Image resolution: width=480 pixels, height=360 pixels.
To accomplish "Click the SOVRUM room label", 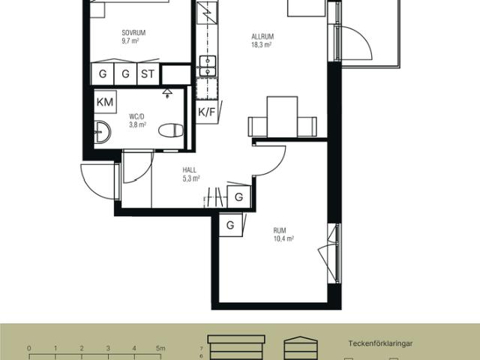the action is point(133,33).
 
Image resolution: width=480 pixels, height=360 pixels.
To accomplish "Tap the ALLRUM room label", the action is point(262,37).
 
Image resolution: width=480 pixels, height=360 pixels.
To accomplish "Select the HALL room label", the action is point(190,170).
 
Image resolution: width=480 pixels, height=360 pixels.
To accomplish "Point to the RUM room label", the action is point(280,230).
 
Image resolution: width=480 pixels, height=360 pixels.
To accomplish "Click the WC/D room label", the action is point(136,117).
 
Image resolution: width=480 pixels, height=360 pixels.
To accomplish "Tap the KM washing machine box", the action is point(105,102).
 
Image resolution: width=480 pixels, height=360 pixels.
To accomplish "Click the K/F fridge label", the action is point(207,112).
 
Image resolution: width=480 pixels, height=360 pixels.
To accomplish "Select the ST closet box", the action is point(148,73).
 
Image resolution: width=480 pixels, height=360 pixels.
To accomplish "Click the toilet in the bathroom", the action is point(171,130).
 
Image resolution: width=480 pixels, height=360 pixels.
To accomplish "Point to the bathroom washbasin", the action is point(102,132).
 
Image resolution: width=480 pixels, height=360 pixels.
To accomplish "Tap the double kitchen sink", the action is point(208,66).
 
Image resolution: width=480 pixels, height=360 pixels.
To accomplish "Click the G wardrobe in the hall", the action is point(238,196).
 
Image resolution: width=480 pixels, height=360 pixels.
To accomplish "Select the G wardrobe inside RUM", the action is point(230,225).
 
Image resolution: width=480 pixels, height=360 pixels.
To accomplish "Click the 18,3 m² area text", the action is point(262,45).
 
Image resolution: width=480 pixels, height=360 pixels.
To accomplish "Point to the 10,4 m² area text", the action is point(283,238).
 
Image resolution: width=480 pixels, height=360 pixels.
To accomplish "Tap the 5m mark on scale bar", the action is point(160,348).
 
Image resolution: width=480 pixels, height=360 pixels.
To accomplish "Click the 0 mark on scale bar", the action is point(29,348).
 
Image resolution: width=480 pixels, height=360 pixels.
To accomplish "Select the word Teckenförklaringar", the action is point(380,343).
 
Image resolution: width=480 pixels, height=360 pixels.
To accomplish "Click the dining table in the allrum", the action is point(282,117).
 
